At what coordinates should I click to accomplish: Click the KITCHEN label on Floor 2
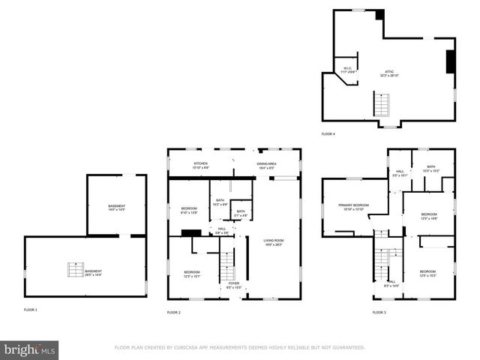(201, 165)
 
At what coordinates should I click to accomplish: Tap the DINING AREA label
(268, 165)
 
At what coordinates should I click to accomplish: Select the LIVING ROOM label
(274, 242)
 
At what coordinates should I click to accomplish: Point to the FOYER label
(234, 285)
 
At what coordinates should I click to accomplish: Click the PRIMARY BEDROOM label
(353, 207)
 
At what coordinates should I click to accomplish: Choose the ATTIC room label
(389, 73)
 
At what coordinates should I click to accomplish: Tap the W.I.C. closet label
(347, 70)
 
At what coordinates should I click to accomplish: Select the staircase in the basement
(75, 270)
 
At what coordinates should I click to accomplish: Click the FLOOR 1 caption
(30, 310)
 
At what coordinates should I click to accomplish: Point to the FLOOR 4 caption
(328, 133)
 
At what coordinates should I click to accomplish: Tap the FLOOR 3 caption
(379, 312)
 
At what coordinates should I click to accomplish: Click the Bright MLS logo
(29, 349)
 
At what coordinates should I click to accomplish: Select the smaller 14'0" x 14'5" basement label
(116, 208)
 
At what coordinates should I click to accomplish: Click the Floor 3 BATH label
(431, 169)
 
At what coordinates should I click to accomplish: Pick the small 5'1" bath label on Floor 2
(241, 213)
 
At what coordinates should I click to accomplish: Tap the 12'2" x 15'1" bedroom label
(192, 274)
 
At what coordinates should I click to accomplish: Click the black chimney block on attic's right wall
(450, 61)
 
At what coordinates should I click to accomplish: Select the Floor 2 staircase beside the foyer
(226, 263)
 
